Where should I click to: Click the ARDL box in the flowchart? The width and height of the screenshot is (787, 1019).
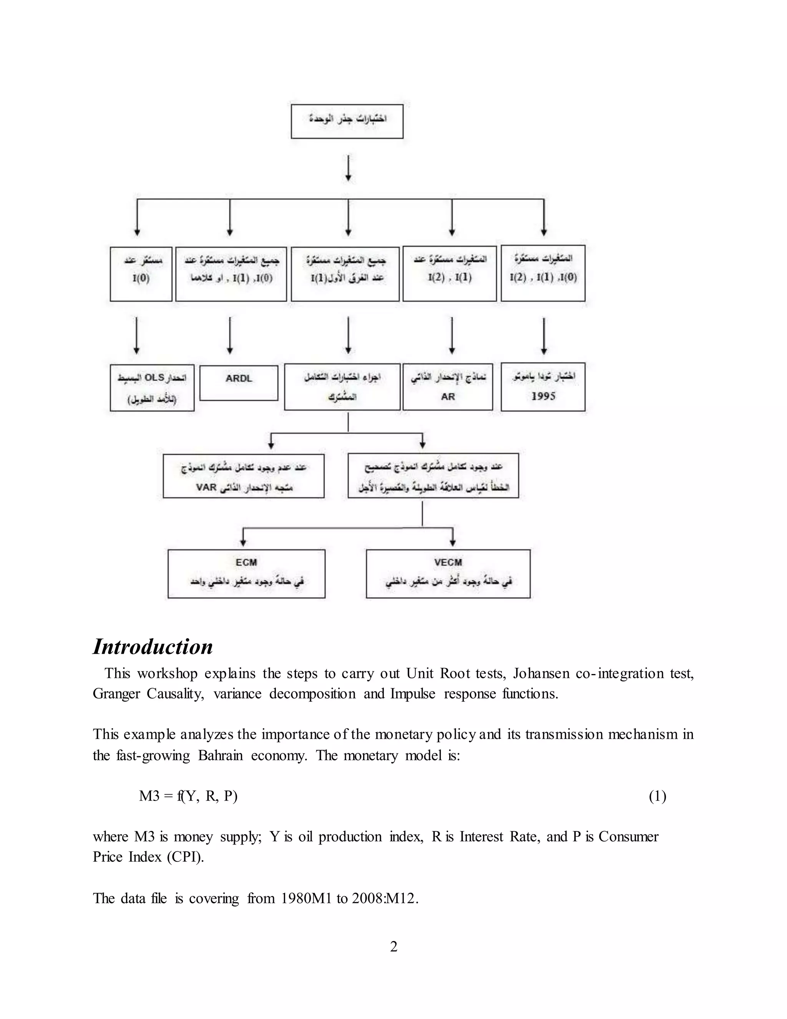pos(239,382)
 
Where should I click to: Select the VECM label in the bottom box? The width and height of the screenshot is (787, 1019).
pos(448,562)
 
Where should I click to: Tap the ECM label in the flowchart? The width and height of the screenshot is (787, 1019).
pos(246,562)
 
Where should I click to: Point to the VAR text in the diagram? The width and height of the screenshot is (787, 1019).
pos(206,488)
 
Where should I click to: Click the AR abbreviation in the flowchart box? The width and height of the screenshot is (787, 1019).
pos(448,396)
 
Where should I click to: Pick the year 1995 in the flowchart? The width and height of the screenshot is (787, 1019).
pos(543,396)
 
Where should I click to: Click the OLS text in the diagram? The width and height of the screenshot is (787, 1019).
pos(154,378)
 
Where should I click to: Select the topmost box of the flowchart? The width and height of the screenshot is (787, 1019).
pos(347,121)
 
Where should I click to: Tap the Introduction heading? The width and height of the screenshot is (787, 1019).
pos(153,647)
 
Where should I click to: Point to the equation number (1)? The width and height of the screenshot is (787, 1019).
pos(657,796)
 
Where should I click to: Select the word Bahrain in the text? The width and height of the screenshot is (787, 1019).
pos(220,755)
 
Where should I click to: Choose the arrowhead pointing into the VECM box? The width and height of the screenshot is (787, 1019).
pos(452,542)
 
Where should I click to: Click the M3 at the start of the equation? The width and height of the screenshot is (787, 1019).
pos(149,796)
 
